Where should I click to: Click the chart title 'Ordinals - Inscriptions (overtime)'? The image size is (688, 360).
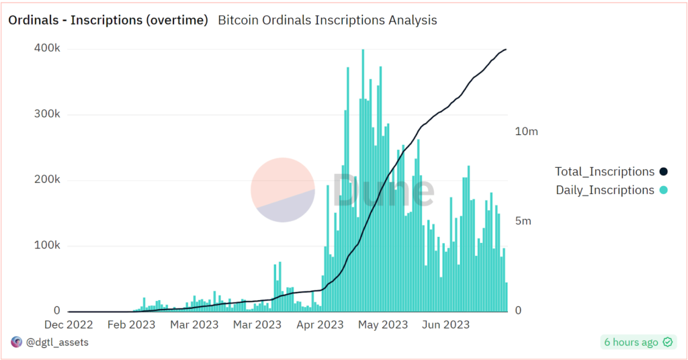(107, 20)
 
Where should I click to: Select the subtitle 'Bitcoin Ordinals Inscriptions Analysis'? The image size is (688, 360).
(327, 20)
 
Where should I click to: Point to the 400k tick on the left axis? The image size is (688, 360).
(47, 49)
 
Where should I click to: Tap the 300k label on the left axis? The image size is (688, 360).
(47, 115)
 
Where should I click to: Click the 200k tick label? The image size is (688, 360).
(47, 180)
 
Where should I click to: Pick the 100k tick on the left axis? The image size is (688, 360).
(47, 246)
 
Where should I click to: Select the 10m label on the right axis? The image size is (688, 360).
(526, 132)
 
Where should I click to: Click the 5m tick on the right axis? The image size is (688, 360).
(523, 222)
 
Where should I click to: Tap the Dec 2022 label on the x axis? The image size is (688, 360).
(69, 325)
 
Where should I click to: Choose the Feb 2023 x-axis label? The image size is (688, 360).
(131, 325)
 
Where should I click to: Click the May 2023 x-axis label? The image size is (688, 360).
(382, 325)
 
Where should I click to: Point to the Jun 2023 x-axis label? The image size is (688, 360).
(445, 325)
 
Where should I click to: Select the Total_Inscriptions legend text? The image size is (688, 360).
(604, 172)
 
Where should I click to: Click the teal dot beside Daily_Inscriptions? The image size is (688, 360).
(663, 190)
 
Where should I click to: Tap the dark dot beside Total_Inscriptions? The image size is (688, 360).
(663, 172)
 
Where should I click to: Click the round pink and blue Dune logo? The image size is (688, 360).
(283, 190)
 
